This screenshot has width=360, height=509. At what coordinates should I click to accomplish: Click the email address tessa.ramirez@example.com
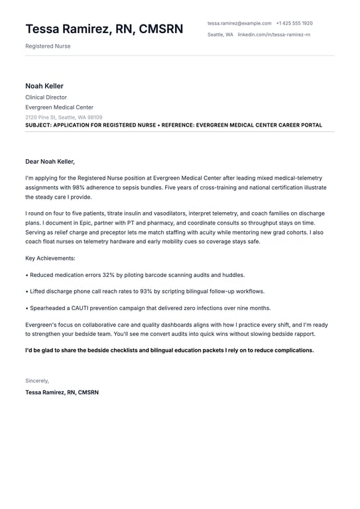239,23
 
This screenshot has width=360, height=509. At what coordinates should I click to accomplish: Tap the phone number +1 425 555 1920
294,23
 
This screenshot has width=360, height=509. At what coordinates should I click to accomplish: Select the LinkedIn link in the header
274,34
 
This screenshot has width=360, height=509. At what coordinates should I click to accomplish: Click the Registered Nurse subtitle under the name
48,46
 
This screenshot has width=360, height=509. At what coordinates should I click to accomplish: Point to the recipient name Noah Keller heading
44,86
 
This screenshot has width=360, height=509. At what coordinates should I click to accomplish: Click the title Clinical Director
46,97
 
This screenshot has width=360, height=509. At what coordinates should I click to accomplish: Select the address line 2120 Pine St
64,117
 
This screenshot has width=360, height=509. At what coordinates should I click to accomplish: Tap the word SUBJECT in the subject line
38,125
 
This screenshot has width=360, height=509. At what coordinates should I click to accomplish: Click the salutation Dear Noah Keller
50,161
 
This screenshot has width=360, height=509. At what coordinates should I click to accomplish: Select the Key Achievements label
50,258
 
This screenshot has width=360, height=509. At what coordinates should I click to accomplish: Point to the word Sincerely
37,380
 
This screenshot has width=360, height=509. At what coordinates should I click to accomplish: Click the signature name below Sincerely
62,392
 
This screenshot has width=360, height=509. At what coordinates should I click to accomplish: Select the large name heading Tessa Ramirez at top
104,29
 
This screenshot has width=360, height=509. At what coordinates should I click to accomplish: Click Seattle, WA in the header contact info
220,34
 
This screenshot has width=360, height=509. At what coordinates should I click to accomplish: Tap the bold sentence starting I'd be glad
170,350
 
